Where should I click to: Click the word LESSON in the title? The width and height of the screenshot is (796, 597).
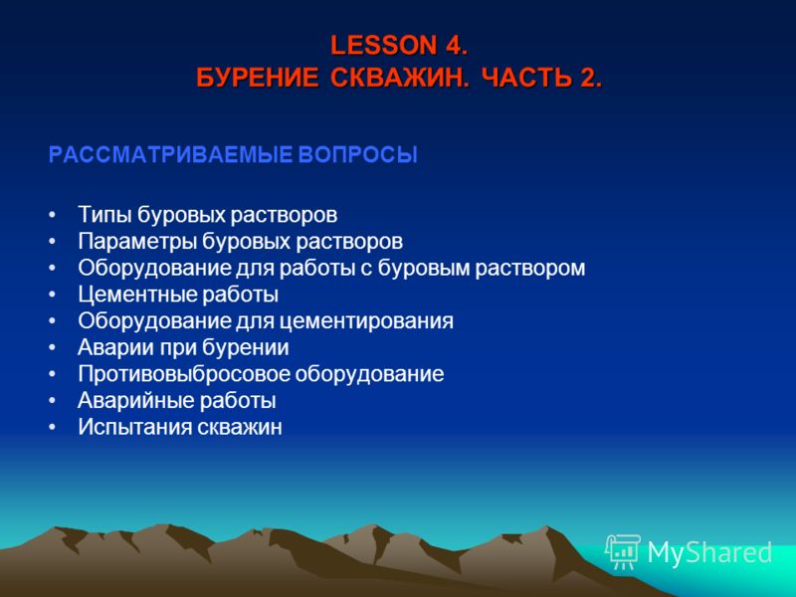(x=384, y=45)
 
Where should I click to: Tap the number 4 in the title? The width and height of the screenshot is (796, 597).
(x=454, y=45)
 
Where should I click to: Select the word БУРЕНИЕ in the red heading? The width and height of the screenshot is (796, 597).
(x=258, y=79)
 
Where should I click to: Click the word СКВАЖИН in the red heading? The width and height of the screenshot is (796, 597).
(x=400, y=79)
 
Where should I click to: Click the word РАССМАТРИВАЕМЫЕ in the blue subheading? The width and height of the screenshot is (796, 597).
(x=170, y=155)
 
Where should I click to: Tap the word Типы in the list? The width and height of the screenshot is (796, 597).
(x=105, y=215)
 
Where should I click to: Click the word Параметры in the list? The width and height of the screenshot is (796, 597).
(x=137, y=241)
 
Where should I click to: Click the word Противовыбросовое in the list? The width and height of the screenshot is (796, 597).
(x=184, y=374)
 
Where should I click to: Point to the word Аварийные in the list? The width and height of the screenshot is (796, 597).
(x=136, y=401)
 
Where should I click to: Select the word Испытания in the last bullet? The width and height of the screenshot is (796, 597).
(x=134, y=427)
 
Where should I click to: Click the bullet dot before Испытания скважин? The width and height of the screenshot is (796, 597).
(x=52, y=428)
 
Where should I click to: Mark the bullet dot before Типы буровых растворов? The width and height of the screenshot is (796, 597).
(x=52, y=215)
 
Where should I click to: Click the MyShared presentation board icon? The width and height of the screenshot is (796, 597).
(x=623, y=551)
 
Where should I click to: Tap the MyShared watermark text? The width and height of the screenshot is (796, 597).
(x=709, y=553)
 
